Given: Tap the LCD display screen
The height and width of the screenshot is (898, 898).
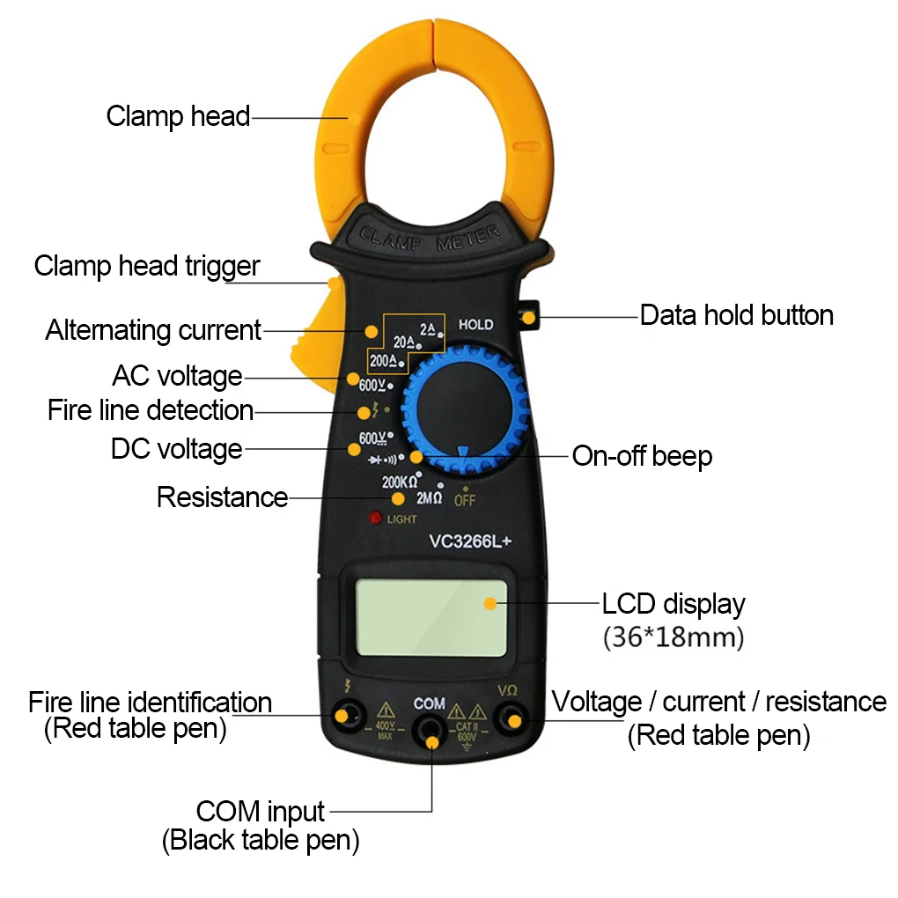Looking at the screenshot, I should pyautogui.click(x=431, y=617).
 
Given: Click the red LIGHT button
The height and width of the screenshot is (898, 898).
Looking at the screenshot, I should pyautogui.click(x=375, y=519).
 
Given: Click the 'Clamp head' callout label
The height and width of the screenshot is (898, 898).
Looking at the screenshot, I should pyautogui.click(x=178, y=116).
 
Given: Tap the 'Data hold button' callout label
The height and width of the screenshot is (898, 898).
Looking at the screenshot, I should pyautogui.click(x=736, y=315).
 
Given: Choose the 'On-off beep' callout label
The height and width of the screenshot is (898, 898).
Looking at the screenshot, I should pyautogui.click(x=642, y=456).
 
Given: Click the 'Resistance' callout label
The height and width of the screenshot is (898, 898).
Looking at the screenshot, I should pyautogui.click(x=222, y=497).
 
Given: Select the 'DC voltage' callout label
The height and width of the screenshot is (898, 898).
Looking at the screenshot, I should pyautogui.click(x=176, y=449).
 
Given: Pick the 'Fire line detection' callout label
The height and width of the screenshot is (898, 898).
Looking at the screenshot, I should pyautogui.click(x=151, y=410).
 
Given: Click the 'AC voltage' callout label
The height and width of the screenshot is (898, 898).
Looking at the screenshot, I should pyautogui.click(x=177, y=376).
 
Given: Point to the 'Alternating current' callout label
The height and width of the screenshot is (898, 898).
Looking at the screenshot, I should pyautogui.click(x=153, y=330).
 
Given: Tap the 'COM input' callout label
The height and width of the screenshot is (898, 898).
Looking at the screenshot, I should pyautogui.click(x=261, y=811).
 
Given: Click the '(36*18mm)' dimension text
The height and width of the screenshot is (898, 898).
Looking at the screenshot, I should pyautogui.click(x=673, y=637).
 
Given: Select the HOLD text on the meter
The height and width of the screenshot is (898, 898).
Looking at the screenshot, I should pyautogui.click(x=476, y=325).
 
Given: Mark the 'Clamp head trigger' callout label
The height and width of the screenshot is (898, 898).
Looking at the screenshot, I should pyautogui.click(x=147, y=266).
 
